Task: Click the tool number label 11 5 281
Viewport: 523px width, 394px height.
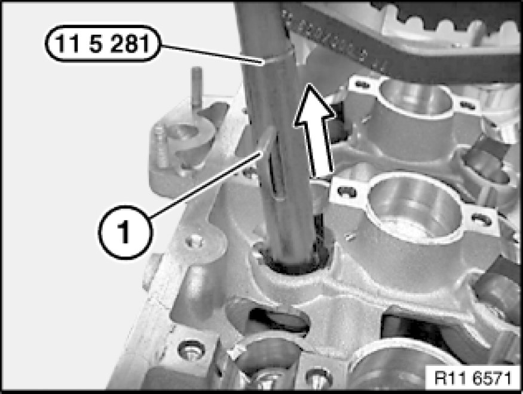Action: [x=103, y=44]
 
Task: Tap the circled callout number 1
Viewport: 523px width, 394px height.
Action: [x=126, y=232]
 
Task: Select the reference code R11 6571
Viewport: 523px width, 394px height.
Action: [x=473, y=378]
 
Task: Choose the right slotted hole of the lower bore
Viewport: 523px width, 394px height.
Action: [x=481, y=219]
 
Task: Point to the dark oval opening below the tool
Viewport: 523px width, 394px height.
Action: [x=280, y=320]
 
